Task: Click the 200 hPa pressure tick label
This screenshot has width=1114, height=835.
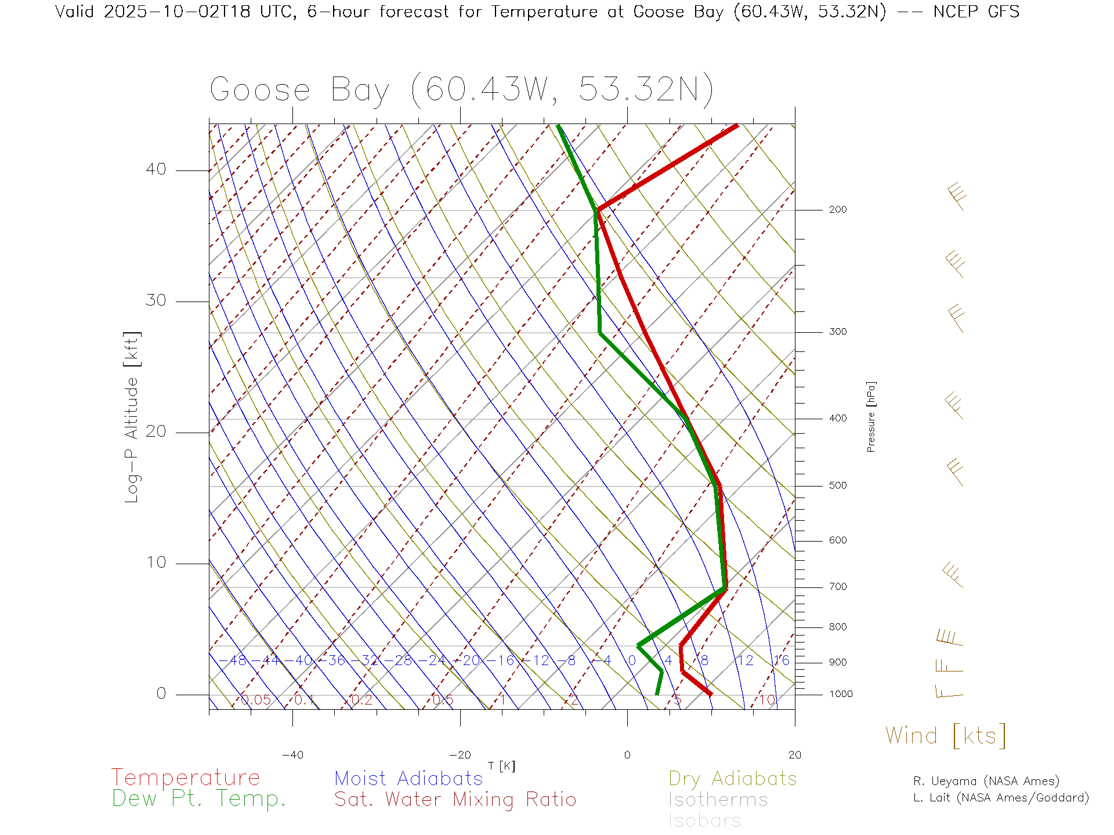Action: [837, 210]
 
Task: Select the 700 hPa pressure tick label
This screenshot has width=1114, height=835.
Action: [837, 587]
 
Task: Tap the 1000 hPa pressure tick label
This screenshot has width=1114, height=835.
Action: [840, 694]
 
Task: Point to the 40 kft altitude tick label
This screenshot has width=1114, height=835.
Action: [155, 169]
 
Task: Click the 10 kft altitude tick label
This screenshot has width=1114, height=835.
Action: [155, 562]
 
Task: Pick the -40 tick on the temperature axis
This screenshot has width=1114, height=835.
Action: [292, 755]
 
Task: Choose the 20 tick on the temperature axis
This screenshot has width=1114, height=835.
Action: [794, 755]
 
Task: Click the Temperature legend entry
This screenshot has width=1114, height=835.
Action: [186, 777]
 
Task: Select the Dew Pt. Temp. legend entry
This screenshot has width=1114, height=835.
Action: [199, 799]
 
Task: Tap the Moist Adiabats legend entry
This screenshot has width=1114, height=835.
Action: [408, 778]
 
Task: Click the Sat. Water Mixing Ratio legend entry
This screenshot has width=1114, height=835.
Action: [455, 800]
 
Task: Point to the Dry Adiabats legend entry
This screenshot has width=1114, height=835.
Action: [732, 778]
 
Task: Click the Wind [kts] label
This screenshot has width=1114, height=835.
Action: [946, 736]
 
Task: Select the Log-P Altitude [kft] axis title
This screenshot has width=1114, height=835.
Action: [132, 418]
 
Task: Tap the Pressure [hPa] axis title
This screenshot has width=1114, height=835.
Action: [871, 416]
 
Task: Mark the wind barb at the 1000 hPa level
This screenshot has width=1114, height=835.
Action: [949, 691]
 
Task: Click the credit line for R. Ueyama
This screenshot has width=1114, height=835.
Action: [986, 781]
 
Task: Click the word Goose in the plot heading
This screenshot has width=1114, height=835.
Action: [260, 90]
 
